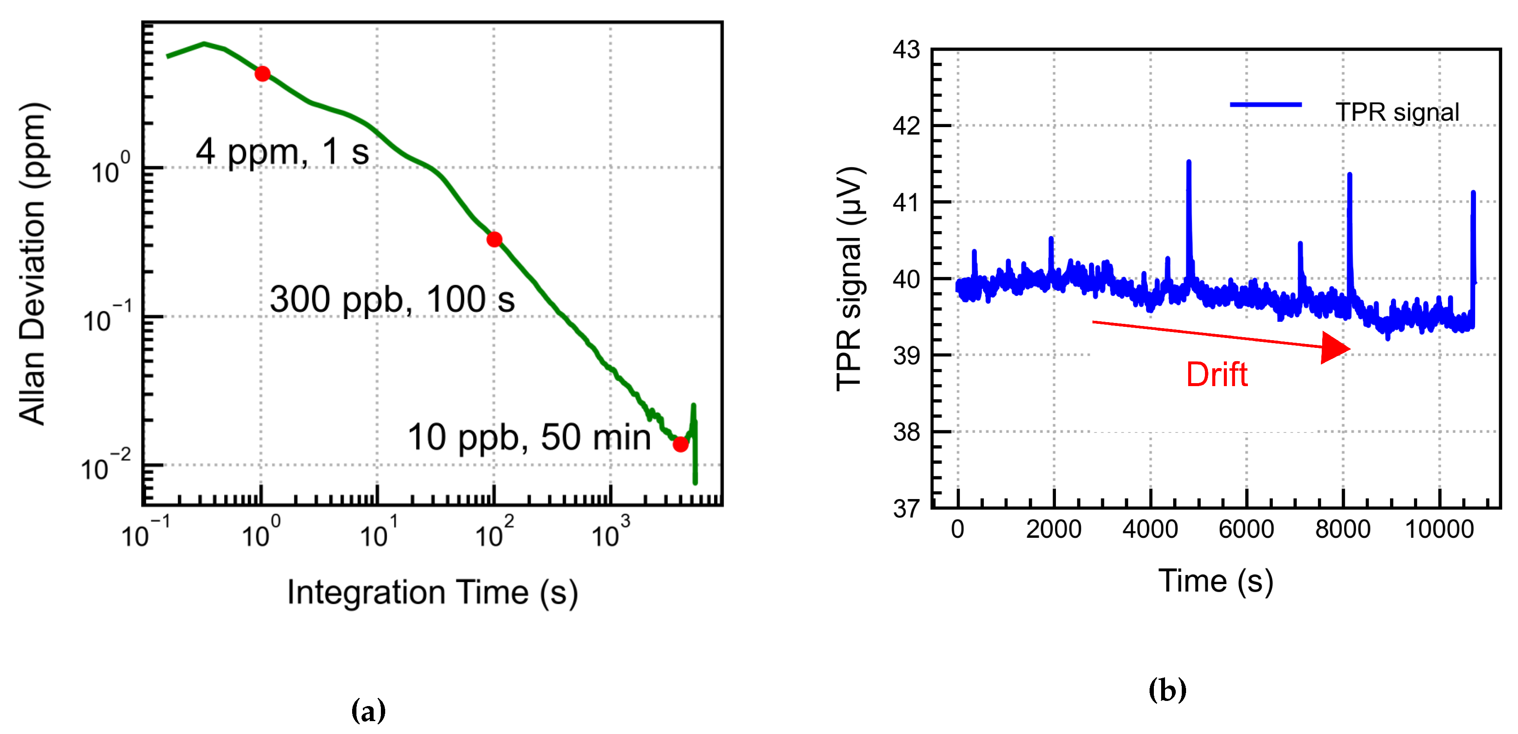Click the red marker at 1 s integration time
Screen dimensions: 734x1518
(x=262, y=74)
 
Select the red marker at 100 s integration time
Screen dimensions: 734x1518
(x=494, y=239)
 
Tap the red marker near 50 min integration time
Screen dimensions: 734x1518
(x=680, y=444)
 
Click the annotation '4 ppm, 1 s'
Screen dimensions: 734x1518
(x=282, y=152)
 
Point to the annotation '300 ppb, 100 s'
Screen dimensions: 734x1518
(x=392, y=299)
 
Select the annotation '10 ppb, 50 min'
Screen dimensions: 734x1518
(x=529, y=438)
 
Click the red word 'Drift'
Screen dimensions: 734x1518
(x=1216, y=375)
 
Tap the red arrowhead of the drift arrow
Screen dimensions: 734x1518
(x=1335, y=347)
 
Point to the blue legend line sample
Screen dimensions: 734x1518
(x=1265, y=105)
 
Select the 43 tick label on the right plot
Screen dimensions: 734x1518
(x=906, y=50)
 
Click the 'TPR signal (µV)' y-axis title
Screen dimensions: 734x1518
(x=849, y=278)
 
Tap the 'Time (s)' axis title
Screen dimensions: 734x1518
(x=1215, y=581)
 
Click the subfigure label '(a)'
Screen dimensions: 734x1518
(x=368, y=710)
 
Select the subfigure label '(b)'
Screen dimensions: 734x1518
(x=1167, y=690)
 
